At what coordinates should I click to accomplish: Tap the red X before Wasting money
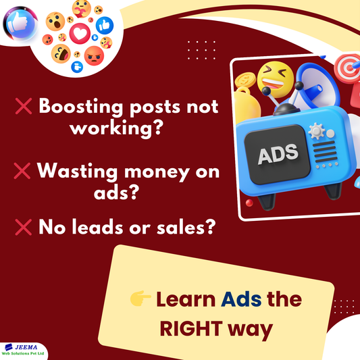22,171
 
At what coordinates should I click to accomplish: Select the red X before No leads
22,229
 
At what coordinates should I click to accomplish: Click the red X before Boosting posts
22,107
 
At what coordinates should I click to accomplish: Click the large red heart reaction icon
79,32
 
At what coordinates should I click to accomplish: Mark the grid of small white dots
201,49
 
